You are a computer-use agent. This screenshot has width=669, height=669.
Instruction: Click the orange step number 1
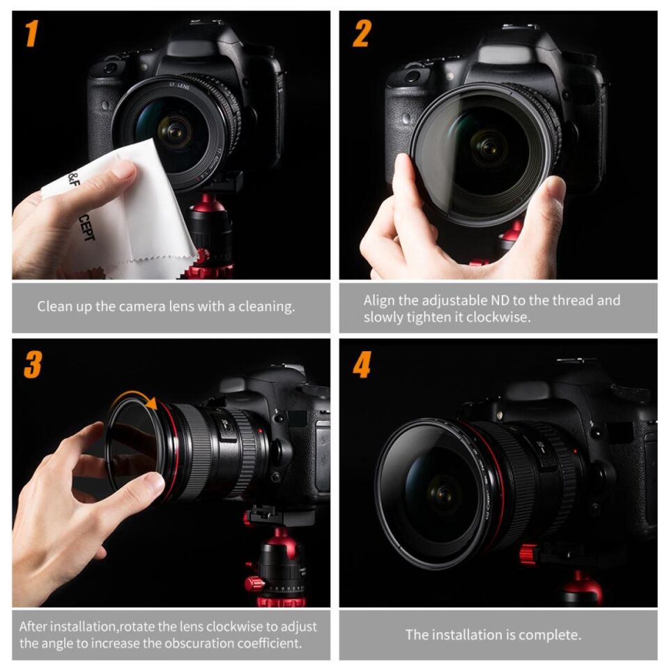click(31, 34)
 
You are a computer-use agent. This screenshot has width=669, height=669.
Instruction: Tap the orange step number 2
click(361, 34)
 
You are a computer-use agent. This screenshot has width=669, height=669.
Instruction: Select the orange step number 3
click(32, 364)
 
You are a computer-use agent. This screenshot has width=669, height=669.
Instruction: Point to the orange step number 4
click(362, 364)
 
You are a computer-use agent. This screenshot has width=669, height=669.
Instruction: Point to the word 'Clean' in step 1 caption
click(54, 306)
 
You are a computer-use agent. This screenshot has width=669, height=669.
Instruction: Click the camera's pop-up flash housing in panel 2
click(500, 52)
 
